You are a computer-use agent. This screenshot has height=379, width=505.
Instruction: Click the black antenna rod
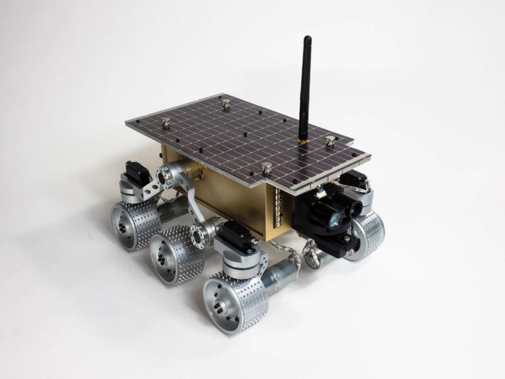tap(305, 86)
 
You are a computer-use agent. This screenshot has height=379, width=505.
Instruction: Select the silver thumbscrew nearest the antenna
tap(331, 140)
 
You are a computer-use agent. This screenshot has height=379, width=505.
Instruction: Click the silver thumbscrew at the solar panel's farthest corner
tap(226, 103)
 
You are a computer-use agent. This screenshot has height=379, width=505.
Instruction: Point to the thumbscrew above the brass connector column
tap(267, 168)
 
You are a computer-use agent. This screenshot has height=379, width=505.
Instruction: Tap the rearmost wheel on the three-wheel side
tap(135, 224)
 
